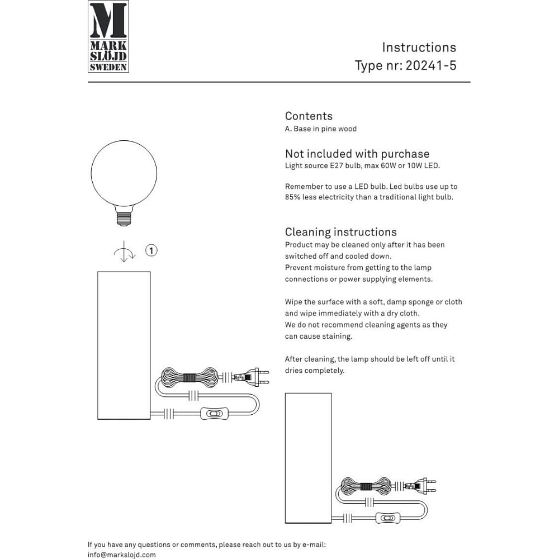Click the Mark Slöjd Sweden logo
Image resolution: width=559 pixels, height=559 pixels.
(108, 36)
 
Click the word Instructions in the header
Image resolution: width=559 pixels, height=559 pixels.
(419, 48)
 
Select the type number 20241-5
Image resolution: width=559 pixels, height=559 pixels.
(430, 65)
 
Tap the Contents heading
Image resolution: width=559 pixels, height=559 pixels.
(309, 116)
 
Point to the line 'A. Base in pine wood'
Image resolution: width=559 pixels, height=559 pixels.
(320, 129)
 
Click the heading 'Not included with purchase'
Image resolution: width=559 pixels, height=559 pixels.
(357, 154)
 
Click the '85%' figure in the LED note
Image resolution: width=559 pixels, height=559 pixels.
(293, 197)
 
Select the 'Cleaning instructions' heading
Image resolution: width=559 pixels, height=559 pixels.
(340, 232)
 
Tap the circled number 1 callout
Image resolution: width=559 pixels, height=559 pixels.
(151, 250)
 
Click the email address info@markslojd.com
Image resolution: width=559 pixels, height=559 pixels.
(122, 555)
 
